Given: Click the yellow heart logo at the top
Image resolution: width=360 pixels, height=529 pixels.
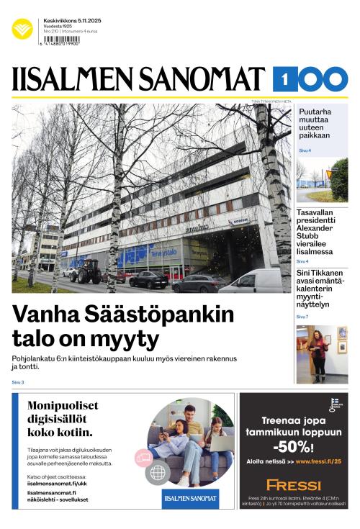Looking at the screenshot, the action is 22,29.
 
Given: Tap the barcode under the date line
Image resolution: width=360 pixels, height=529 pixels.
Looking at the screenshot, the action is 61,42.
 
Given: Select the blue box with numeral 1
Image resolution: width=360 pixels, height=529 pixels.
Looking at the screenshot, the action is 285,78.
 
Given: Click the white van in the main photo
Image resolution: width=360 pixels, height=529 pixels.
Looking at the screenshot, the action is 251,281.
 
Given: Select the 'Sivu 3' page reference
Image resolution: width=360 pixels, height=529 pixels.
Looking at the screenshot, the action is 18,382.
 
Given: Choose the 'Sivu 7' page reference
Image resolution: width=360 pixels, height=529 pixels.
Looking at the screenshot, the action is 302,317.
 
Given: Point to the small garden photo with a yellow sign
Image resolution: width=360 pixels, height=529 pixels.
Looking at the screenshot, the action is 321,181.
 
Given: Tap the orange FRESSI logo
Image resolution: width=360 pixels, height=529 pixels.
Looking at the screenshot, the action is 293,485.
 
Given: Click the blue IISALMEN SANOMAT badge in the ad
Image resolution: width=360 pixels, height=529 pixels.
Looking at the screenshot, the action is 189,497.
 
